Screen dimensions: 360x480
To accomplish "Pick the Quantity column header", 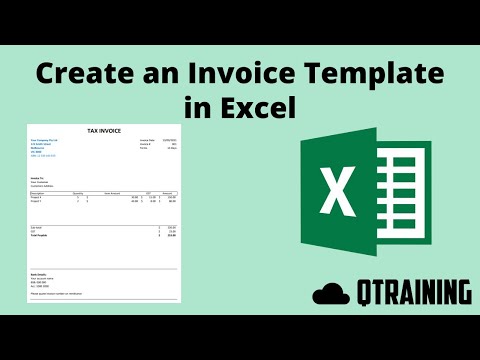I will [78, 192].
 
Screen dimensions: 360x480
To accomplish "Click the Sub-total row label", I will [37, 228].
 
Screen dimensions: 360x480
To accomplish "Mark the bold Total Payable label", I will [41, 236].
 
